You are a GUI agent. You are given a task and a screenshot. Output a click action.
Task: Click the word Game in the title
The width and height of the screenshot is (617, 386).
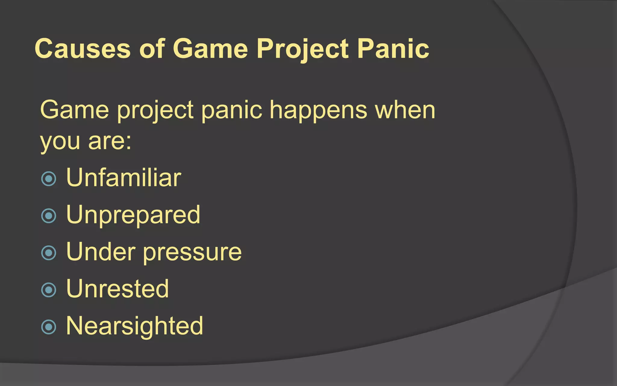[210, 49]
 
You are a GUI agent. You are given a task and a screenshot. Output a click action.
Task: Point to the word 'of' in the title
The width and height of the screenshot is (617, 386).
[152, 49]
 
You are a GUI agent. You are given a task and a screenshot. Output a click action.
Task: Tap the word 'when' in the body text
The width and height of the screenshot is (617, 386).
[405, 110]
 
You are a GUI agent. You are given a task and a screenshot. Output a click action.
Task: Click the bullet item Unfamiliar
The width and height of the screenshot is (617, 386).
[124, 178]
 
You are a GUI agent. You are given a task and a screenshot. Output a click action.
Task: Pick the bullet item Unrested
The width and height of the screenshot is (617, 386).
[117, 289]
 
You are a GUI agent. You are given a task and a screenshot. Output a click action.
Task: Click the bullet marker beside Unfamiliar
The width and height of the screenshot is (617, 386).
[49, 179]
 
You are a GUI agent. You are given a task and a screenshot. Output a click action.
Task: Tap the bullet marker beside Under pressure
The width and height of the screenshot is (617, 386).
[49, 253]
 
